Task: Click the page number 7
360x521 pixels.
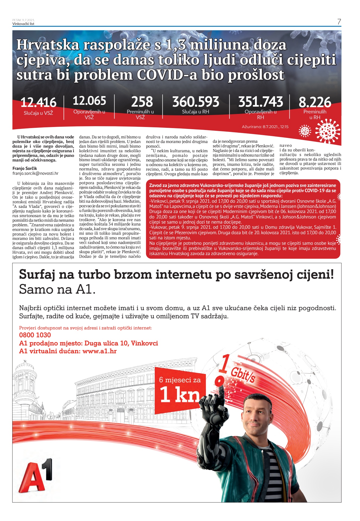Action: [x=339, y=22]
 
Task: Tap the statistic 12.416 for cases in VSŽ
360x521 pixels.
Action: [x=39, y=103]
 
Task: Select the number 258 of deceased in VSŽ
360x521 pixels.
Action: [x=142, y=102]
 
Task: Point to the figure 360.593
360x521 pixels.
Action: [x=195, y=102]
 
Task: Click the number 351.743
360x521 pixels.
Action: [x=260, y=102]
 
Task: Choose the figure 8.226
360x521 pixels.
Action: [x=315, y=103]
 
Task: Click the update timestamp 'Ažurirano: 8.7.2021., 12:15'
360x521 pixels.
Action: [x=265, y=127]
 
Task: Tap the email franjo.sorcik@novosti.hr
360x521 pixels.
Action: [x=35, y=173]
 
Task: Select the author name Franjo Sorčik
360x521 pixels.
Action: [x=25, y=169]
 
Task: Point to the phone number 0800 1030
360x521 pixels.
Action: [x=35, y=335]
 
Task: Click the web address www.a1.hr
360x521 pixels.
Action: [x=99, y=351]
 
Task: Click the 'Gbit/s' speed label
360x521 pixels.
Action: [x=243, y=375]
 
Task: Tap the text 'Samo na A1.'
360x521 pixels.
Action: [x=57, y=290]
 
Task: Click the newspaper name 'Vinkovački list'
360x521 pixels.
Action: [x=23, y=24]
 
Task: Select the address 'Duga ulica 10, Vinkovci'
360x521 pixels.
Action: [x=121, y=343]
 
